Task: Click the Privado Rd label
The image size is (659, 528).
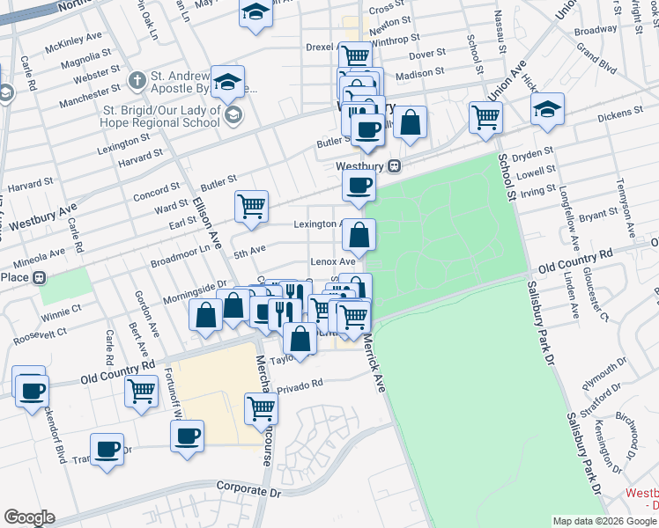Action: click(x=300, y=385)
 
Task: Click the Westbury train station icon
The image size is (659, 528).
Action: click(x=396, y=165)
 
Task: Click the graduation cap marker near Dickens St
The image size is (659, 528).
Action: click(x=547, y=108)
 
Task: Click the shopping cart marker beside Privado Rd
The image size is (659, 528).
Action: click(x=261, y=407)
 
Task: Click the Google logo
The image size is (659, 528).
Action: click(x=29, y=517)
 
